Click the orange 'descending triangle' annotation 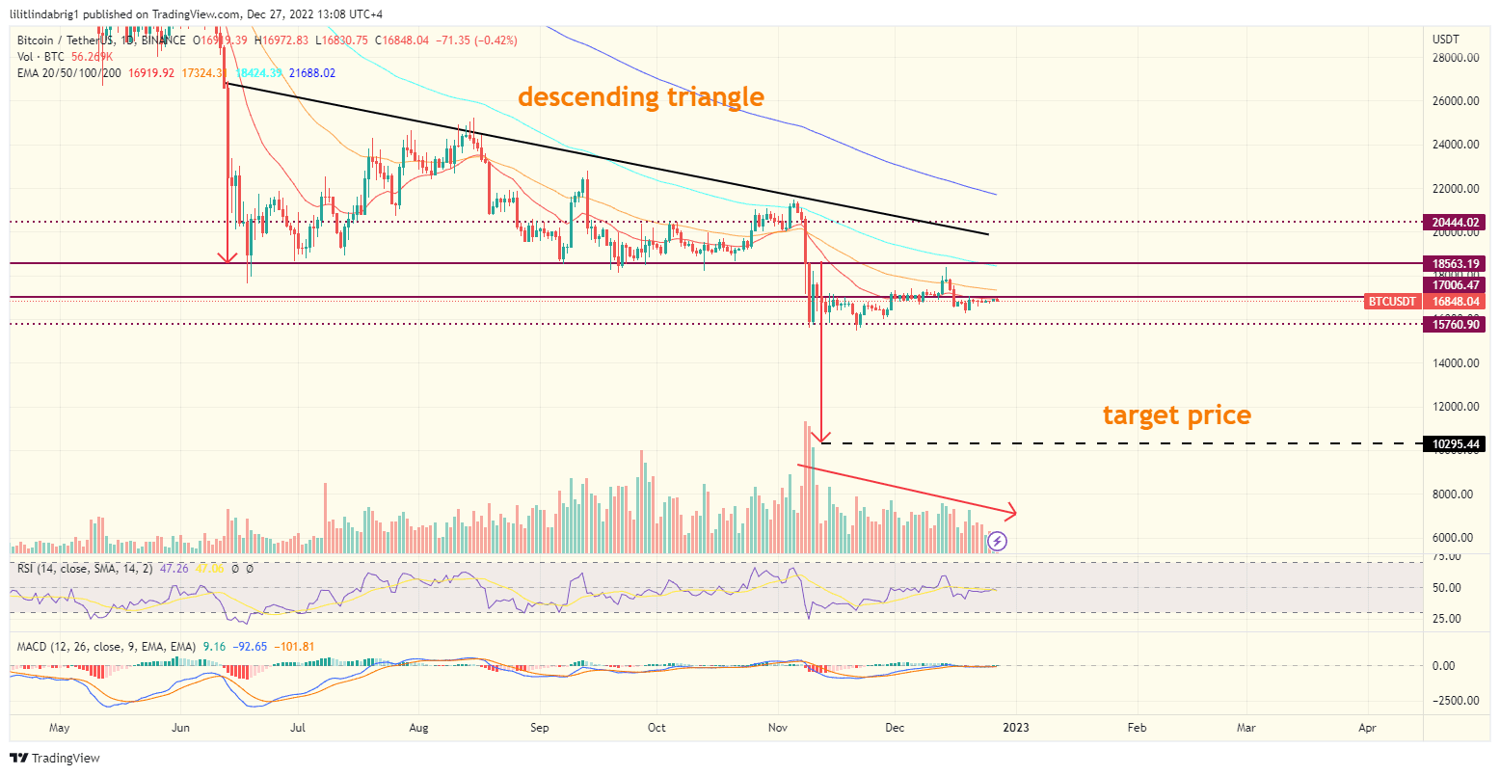coord(640,96)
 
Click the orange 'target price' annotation coord(1176,415)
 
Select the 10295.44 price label coord(1457,444)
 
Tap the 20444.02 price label coord(1457,222)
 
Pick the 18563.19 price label coord(1457,263)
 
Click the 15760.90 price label coord(1457,325)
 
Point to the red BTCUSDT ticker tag coord(1393,302)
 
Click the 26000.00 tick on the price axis coord(1455,101)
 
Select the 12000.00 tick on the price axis coord(1455,407)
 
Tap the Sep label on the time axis coord(540,727)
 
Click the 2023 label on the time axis coord(1015,727)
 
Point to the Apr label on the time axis coord(1367,727)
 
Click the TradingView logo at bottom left coord(55,758)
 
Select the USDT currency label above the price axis coord(1447,40)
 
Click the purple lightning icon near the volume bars coord(998,541)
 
